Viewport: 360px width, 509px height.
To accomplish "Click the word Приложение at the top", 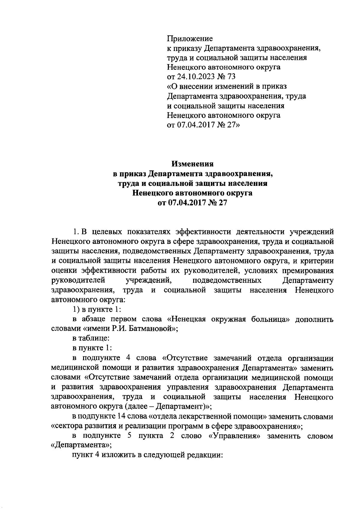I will (x=190, y=38).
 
